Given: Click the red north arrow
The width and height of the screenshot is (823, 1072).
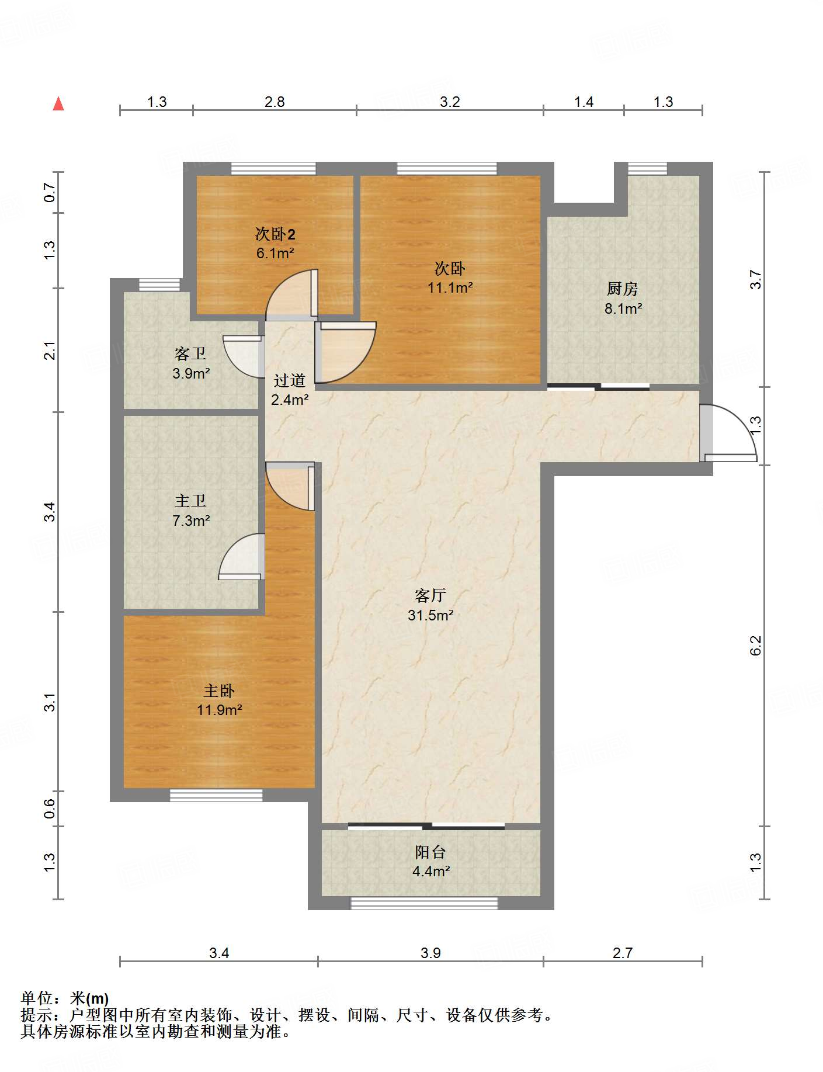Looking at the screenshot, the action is point(58,103).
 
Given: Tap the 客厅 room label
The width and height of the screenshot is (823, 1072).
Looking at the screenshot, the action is point(430,595).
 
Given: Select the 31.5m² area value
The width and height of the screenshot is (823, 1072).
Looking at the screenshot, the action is point(430,615).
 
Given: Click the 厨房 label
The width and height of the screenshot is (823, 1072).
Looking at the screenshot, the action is point(623,289).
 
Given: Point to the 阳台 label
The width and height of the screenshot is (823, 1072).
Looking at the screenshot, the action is point(430,852).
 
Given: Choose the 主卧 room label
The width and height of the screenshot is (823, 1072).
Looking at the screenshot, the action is point(219,691).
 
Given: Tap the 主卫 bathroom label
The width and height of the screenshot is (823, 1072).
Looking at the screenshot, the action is point(190,501).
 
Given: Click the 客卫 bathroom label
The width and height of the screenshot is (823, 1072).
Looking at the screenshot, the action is point(190,353).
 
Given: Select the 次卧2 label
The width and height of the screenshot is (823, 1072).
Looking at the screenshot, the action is point(275,234).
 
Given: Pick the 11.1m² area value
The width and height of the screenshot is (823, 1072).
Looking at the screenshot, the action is point(450,287).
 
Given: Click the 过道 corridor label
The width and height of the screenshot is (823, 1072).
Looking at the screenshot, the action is point(290,380).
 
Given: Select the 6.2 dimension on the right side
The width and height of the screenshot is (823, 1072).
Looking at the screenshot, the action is point(756,646).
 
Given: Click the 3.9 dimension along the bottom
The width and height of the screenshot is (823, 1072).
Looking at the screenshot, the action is point(430,953).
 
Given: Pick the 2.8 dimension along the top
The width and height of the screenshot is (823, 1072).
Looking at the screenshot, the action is point(275,102).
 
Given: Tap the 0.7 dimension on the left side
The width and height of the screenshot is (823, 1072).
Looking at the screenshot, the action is point(50,192).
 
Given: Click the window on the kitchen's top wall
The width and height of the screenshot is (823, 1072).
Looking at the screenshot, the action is point(647,169).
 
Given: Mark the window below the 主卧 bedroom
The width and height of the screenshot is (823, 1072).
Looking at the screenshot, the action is point(216,795).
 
